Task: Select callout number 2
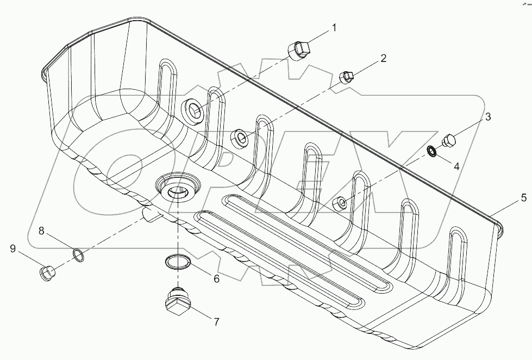[x=384, y=58]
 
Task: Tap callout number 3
[x=488, y=116]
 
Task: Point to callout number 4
[x=456, y=167]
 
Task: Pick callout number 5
[x=523, y=197]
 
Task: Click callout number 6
[x=216, y=279]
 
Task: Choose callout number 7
[x=216, y=322]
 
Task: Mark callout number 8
[x=41, y=231]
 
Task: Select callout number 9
[x=12, y=249]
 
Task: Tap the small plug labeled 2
[x=346, y=78]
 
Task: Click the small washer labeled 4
[x=431, y=151]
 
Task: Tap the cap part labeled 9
[x=48, y=271]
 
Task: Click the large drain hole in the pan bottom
[x=176, y=191]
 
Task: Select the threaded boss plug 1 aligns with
[x=194, y=111]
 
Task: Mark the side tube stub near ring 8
[x=151, y=214]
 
